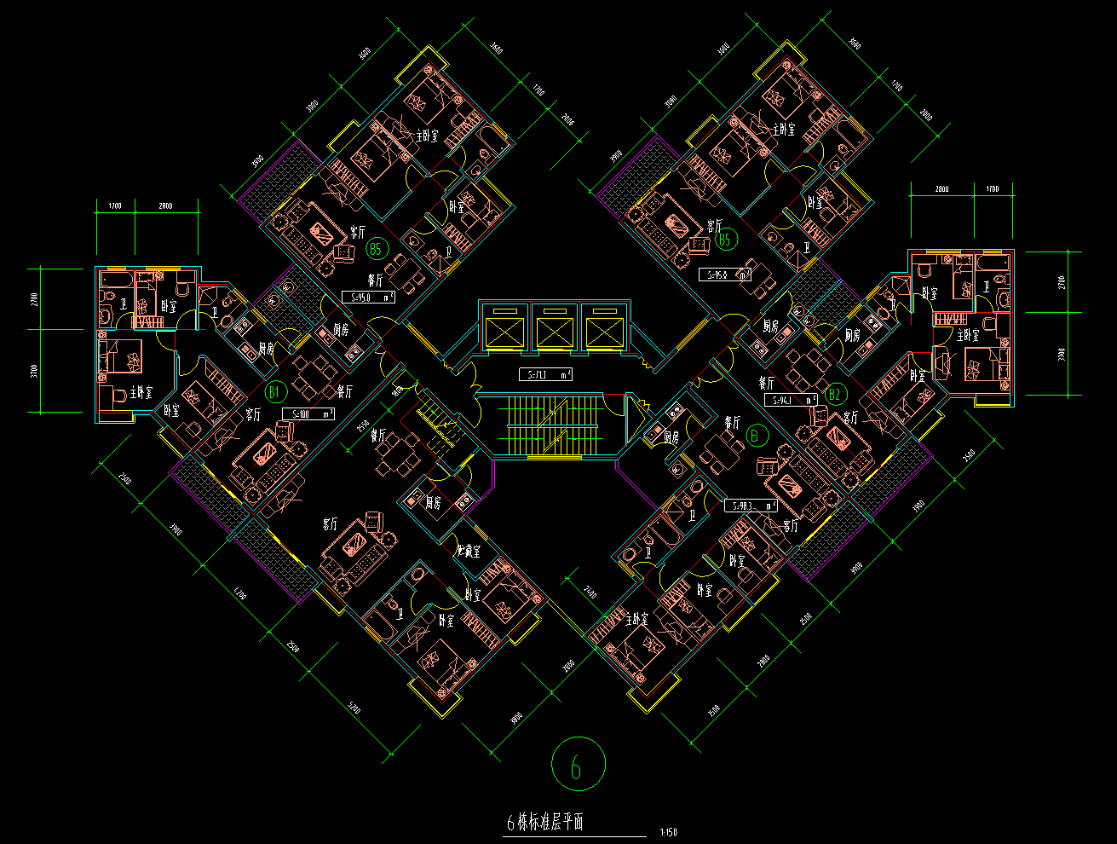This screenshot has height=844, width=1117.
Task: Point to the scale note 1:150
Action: pyautogui.click(x=668, y=833)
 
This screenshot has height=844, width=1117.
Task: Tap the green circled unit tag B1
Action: pyautogui.click(x=274, y=392)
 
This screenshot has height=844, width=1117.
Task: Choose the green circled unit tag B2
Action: pyautogui.click(x=835, y=394)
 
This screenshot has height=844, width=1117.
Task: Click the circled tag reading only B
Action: pyautogui.click(x=754, y=436)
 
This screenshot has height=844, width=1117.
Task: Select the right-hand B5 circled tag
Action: pyautogui.click(x=725, y=240)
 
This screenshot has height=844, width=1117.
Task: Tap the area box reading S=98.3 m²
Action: pyautogui.click(x=750, y=505)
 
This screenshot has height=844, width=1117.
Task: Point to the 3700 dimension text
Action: pyautogui.click(x=34, y=371)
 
